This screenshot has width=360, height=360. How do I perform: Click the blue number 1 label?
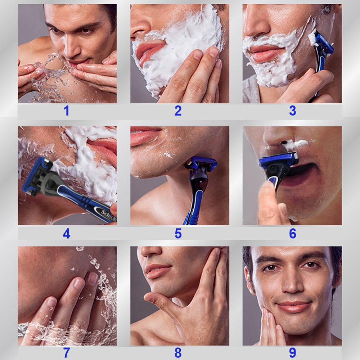pyautogui.click(x=66, y=111)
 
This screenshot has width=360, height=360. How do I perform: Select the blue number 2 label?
pyautogui.click(x=178, y=111)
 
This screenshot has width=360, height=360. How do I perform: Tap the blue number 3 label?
pyautogui.click(x=293, y=111)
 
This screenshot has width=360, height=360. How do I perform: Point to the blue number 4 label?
pyautogui.click(x=66, y=234)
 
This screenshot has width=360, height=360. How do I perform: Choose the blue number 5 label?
pyautogui.click(x=178, y=234)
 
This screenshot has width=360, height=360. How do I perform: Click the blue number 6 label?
pyautogui.click(x=293, y=234)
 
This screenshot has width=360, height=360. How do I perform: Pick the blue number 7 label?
pyautogui.click(x=66, y=353)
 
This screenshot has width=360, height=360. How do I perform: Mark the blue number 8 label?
pyautogui.click(x=178, y=353)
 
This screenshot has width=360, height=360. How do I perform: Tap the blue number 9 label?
pyautogui.click(x=293, y=353)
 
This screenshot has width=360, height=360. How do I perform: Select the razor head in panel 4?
pyautogui.click(x=36, y=176)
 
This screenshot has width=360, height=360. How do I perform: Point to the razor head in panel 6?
pyautogui.click(x=279, y=161)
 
